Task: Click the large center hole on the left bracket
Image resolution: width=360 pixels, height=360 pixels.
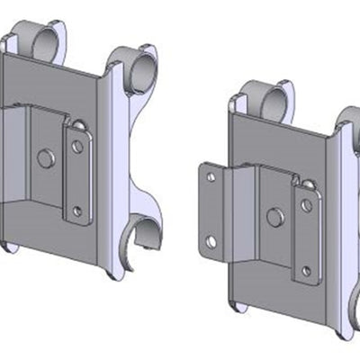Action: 43,159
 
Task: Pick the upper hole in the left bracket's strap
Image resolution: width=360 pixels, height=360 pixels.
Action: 77,145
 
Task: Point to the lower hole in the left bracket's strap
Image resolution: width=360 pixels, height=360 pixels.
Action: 77,211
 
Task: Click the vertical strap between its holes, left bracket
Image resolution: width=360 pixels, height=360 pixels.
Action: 77,178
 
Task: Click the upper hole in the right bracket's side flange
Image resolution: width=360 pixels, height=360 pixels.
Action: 211,177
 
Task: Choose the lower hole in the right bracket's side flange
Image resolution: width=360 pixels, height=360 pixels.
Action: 211,241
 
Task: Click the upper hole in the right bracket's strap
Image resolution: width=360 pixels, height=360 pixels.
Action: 307,204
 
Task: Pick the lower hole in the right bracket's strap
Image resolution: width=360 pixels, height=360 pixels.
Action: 307,269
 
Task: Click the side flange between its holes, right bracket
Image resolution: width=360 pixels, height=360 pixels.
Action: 211,210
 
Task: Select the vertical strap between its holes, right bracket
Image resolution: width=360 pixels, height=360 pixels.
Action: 307,237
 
